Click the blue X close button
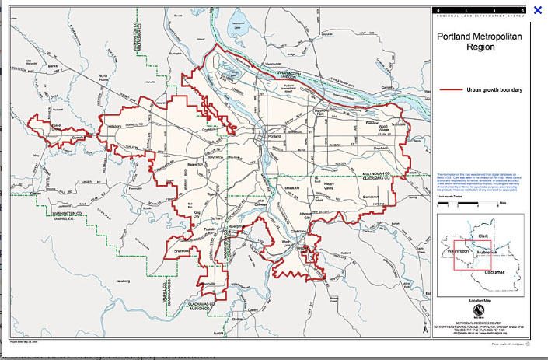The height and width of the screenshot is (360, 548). [x=537, y=10]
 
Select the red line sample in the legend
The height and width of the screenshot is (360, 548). [x=451, y=90]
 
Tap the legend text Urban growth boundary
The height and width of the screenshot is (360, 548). [x=494, y=90]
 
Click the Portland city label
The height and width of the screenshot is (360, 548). [x=273, y=136]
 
